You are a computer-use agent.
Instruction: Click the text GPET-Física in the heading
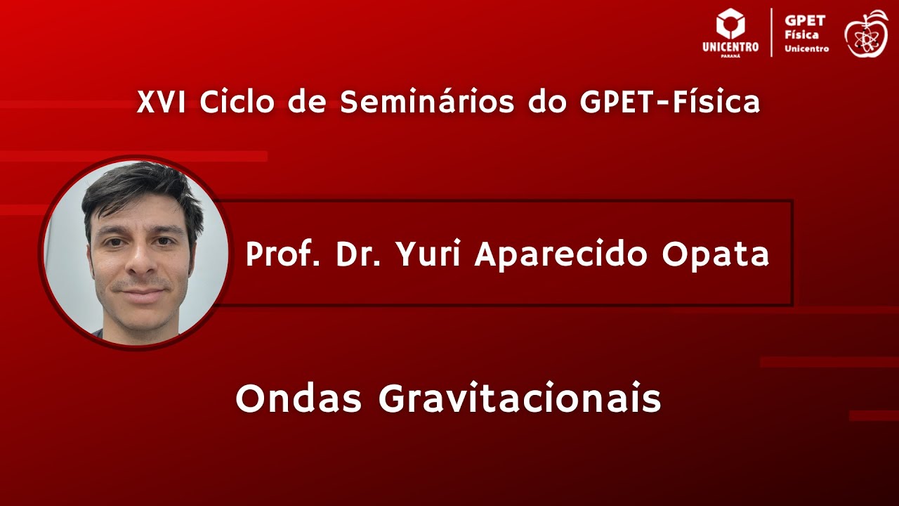[670, 103]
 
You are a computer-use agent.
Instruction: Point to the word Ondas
[298, 399]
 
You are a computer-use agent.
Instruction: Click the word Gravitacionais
[520, 399]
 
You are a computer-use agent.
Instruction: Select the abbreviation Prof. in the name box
[284, 254]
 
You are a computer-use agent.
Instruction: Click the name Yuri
[428, 254]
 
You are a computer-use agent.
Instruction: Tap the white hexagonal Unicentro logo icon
[730, 24]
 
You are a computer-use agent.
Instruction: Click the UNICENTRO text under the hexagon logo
[730, 47]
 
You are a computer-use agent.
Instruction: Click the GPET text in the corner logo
[805, 21]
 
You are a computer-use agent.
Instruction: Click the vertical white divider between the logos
[772, 32]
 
